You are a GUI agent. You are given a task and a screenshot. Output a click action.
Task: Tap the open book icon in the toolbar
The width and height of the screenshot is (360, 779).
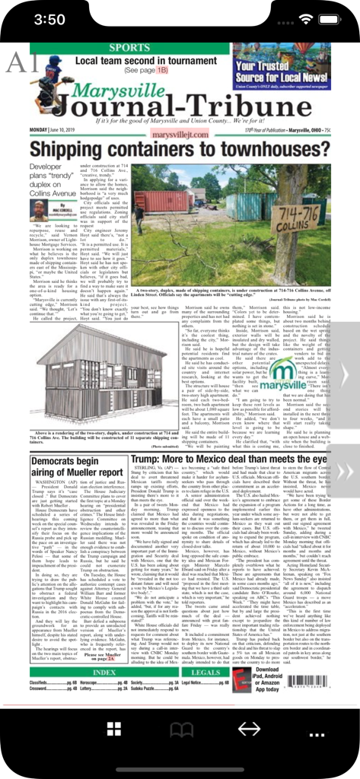point(180,730)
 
